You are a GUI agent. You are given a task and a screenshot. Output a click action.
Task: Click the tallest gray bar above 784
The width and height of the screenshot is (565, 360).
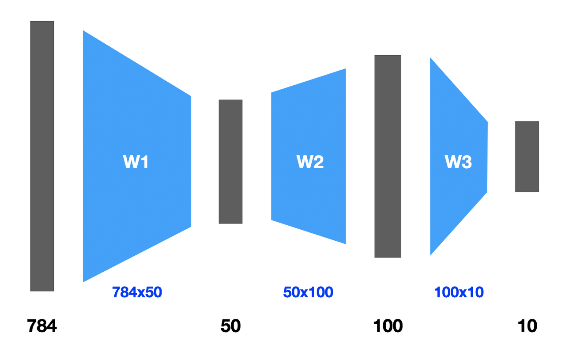tap(42, 156)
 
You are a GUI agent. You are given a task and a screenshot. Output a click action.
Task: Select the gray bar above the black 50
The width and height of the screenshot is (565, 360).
tap(230, 162)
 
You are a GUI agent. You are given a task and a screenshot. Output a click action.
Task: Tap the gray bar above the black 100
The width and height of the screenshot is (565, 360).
tap(388, 156)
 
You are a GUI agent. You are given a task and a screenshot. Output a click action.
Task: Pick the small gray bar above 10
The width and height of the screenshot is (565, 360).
tap(527, 156)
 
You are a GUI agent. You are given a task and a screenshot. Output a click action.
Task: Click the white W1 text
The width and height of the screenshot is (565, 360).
tap(136, 163)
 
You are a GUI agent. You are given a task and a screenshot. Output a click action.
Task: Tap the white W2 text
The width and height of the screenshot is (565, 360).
tap(310, 163)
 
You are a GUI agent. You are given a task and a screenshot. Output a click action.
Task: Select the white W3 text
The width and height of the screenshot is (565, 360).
tap(458, 163)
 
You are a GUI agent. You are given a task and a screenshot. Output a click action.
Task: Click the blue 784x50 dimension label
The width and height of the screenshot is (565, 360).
tap(137, 292)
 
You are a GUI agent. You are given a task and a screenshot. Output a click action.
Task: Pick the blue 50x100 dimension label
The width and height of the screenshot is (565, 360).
tap(308, 292)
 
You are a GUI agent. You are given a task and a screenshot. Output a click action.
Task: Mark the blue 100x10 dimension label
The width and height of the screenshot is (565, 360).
tap(459, 292)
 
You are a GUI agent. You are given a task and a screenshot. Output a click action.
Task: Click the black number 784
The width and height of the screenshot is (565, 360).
tap(42, 326)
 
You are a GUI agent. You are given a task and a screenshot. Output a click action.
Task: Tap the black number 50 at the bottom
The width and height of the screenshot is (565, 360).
tap(230, 326)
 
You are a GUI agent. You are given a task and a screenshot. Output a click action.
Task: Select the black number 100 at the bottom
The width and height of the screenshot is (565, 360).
tap(388, 326)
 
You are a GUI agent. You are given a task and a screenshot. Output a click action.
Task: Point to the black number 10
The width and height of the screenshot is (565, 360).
tap(527, 326)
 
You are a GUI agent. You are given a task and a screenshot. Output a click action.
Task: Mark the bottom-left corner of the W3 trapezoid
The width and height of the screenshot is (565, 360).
tap(431, 254)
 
